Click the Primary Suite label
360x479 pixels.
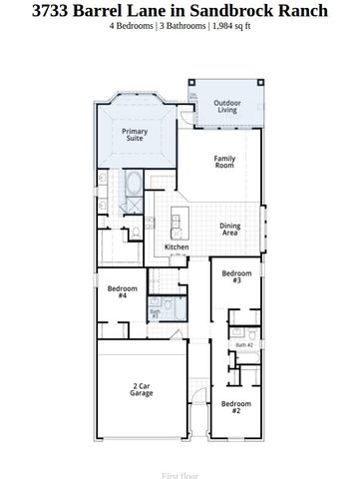[134, 135]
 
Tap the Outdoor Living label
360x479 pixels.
[226, 105]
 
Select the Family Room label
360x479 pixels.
[225, 162]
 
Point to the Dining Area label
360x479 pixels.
[229, 229]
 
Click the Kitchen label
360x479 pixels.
[177, 246]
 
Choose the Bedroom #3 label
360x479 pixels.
[236, 276]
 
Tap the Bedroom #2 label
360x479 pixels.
[236, 405]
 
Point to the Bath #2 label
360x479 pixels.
[243, 344]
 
